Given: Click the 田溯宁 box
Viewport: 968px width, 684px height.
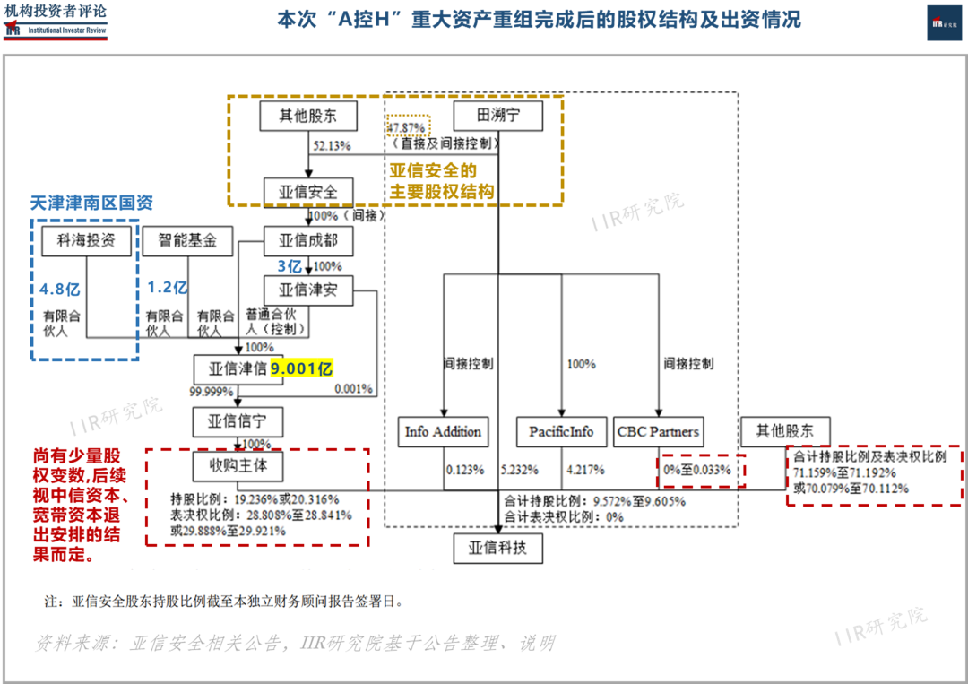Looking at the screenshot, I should pyautogui.click(x=497, y=116).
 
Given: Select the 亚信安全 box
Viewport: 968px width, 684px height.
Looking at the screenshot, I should pyautogui.click(x=307, y=192).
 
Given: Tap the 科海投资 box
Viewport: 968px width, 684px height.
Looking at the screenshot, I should pyautogui.click(x=86, y=240).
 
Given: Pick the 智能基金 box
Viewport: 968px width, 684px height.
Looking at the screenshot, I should pyautogui.click(x=187, y=240).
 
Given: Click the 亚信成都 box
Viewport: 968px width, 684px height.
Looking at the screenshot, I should pyautogui.click(x=307, y=240).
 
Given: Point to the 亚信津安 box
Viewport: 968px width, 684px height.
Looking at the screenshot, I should pyautogui.click(x=307, y=290).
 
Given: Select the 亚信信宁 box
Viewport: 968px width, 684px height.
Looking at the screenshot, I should pyautogui.click(x=238, y=420).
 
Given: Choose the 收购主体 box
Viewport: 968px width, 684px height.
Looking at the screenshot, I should pyautogui.click(x=238, y=466).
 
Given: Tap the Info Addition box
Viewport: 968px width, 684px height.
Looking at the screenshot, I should pyautogui.click(x=444, y=431).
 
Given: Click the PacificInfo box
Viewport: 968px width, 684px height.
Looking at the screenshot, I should pyautogui.click(x=561, y=431).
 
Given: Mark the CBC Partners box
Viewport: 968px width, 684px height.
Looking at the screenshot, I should pyautogui.click(x=658, y=431).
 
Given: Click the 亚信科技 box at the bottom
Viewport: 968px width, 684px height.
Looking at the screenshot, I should pyautogui.click(x=497, y=549).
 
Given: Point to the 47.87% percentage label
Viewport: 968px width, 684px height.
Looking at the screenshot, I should pyautogui.click(x=408, y=126).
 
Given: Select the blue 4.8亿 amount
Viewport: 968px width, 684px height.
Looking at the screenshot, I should pyautogui.click(x=60, y=289).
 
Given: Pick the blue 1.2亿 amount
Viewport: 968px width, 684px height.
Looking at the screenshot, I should pyautogui.click(x=167, y=288).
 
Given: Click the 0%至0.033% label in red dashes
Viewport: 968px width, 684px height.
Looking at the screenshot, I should pyautogui.click(x=697, y=469).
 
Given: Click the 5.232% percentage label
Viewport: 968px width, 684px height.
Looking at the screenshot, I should pyautogui.click(x=521, y=469).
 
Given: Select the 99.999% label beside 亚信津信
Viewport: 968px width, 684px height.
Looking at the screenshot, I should pyautogui.click(x=212, y=392).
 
